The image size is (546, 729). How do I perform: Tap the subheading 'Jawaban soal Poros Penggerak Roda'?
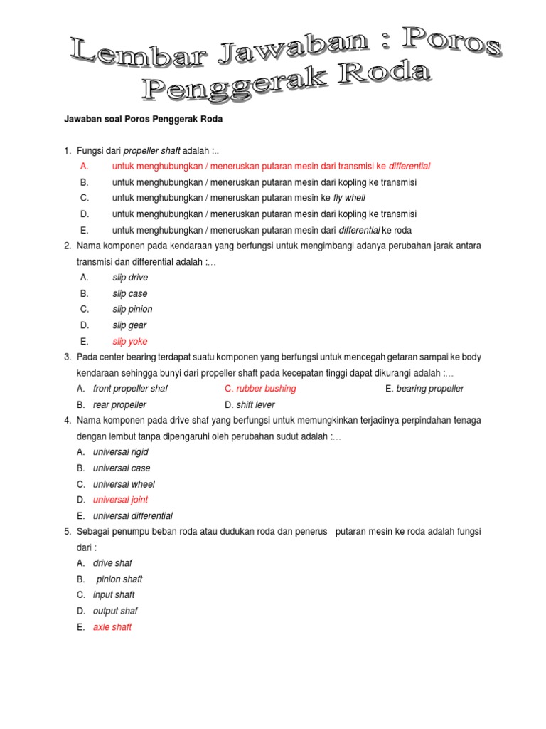click(144, 120)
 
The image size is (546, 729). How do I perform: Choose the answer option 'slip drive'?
click(130, 278)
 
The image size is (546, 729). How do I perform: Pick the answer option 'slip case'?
click(130, 293)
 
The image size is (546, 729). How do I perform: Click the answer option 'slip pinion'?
click(132, 309)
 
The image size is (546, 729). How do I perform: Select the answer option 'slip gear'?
click(129, 325)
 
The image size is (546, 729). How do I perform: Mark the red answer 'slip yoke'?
click(130, 342)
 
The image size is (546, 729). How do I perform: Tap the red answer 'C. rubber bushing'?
click(260, 389)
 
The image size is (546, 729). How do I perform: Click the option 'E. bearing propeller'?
click(424, 389)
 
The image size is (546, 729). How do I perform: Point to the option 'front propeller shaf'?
click(130, 389)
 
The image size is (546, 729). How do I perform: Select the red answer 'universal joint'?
click(120, 500)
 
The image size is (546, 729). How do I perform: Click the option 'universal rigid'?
click(120, 452)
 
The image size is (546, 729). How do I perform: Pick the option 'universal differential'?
click(132, 516)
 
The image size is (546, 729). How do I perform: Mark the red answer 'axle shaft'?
click(112, 627)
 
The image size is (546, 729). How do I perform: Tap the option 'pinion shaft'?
click(119, 579)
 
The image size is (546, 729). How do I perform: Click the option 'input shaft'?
click(114, 595)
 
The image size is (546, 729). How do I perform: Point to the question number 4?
click(67, 421)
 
